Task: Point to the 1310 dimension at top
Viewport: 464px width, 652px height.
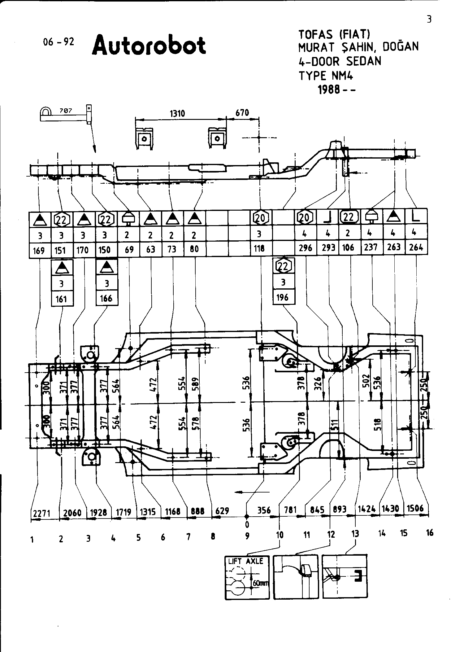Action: [177, 114]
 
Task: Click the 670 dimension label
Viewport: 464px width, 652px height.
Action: [242, 113]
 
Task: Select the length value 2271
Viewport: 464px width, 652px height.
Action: [42, 514]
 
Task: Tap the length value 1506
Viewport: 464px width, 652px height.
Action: [415, 509]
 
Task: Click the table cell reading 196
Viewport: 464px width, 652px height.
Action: [283, 297]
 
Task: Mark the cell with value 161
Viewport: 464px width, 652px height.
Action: [62, 299]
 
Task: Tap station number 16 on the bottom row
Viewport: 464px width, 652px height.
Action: [429, 533]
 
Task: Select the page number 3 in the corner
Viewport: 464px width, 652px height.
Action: [429, 19]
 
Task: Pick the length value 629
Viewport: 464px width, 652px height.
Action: [222, 511]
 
